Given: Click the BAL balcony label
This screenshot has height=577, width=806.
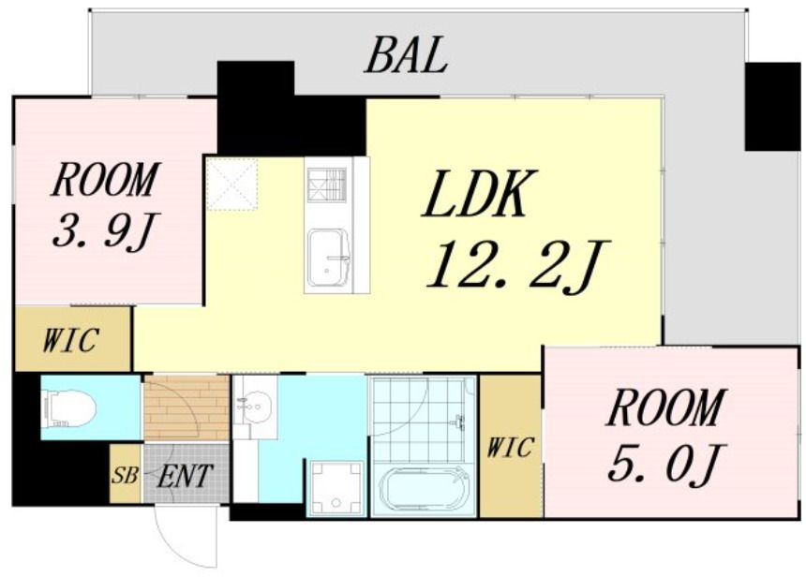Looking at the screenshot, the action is (406, 55).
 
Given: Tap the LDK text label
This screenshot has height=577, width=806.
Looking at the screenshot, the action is (475, 193).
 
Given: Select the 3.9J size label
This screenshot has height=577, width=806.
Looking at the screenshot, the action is (105, 230).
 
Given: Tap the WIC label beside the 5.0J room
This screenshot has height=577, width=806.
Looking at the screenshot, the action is (510, 447).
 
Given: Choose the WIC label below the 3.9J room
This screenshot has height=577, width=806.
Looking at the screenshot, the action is (70, 340).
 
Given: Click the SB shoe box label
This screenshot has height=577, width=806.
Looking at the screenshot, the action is (125, 475).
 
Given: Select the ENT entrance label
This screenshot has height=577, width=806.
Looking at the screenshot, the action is (185, 475).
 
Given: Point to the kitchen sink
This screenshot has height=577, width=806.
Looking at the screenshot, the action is (328, 258).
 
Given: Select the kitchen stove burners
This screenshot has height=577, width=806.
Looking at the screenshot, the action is (327, 185).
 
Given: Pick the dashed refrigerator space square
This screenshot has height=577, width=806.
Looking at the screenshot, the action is (231, 185).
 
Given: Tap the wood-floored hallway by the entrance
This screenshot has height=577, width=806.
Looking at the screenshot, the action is (187, 408).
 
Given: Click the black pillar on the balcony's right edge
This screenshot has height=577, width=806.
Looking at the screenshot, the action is (771, 107).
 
